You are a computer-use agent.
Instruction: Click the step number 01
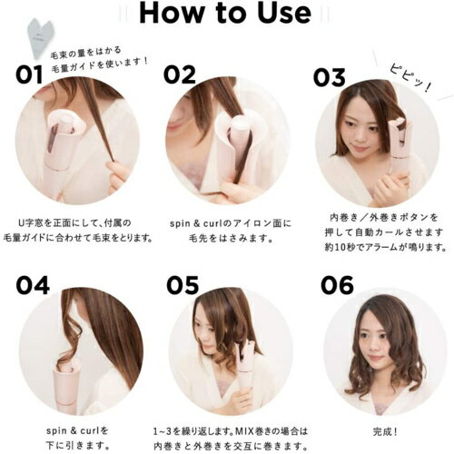point(30,75)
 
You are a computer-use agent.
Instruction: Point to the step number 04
point(32,286)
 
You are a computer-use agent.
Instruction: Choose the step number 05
point(183,286)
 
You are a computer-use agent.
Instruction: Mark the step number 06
point(337,286)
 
